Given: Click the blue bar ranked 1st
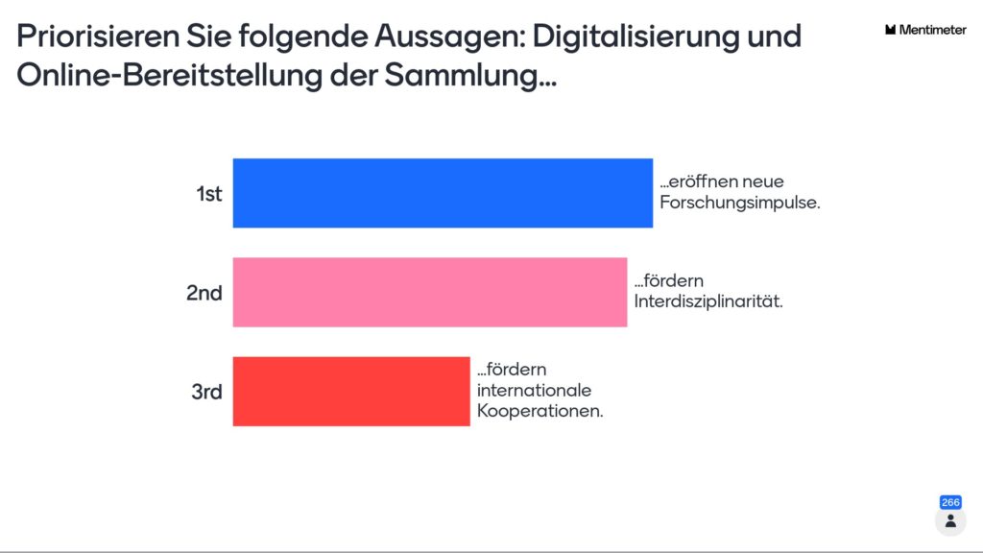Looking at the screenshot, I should (443, 193).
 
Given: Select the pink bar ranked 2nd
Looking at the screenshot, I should (429, 292).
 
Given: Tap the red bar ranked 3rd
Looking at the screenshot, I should (351, 391).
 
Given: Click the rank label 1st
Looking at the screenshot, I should (208, 194).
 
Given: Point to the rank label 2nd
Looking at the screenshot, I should (204, 293).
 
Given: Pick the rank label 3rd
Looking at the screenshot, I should (206, 392).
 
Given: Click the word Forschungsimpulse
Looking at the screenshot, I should (739, 204).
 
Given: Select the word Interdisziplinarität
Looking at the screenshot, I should (708, 302).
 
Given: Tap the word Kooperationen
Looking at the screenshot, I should (540, 410).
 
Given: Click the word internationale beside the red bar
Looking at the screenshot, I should (535, 391).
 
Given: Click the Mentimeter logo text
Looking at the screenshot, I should (933, 30).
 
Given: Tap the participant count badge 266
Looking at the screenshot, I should (950, 502).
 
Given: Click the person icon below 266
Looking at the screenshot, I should (950, 520).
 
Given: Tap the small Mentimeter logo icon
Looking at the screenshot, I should (891, 30).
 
